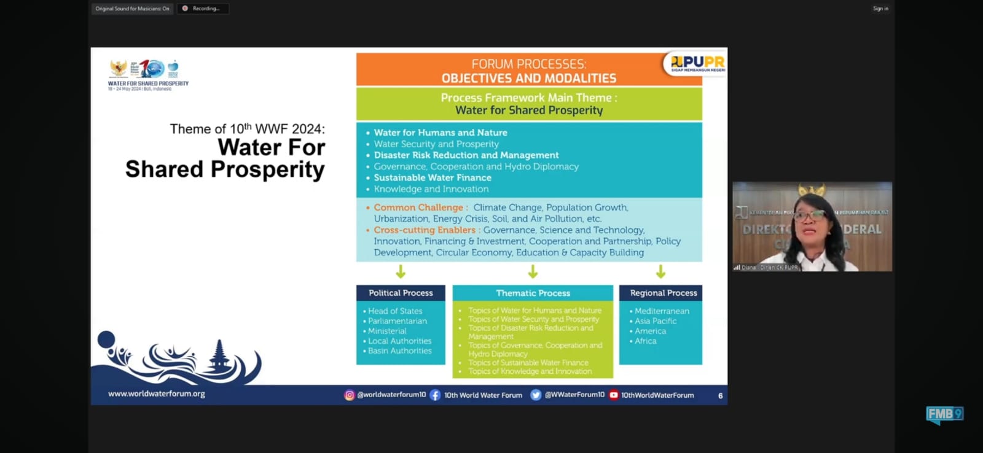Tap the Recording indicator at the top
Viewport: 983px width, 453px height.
pos(202,9)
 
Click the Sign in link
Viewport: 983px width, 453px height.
pos(880,9)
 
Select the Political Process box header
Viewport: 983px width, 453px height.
pos(401,293)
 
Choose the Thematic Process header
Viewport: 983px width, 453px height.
pos(533,293)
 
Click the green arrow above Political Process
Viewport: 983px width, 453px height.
pos(401,271)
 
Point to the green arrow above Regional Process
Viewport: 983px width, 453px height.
pos(660,271)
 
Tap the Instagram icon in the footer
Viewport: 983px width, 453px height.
pos(349,395)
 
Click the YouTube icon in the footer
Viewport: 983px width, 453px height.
pos(613,395)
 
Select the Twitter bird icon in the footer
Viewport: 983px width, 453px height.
pos(536,395)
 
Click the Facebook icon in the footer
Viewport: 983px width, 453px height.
pos(435,395)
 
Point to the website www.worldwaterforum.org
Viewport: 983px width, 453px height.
pos(157,393)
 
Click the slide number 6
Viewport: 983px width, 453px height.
pos(720,396)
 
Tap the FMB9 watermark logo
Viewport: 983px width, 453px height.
pos(944,415)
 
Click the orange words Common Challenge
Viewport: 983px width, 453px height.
pos(419,207)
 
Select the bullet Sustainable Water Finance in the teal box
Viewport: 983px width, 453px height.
pos(433,178)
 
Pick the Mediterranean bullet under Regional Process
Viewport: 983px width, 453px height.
pos(662,311)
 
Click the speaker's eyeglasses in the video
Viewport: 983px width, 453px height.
pos(810,216)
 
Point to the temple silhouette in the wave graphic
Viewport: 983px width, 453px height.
pos(219,355)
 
